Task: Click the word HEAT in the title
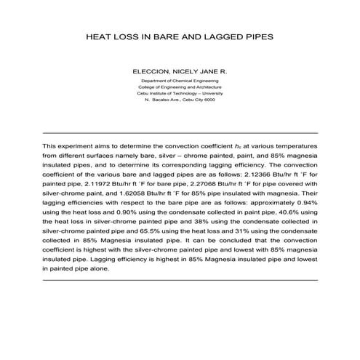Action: click(102, 34)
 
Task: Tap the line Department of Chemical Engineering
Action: click(180, 81)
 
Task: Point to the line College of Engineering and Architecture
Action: click(180, 87)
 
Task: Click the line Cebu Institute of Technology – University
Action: click(180, 94)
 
